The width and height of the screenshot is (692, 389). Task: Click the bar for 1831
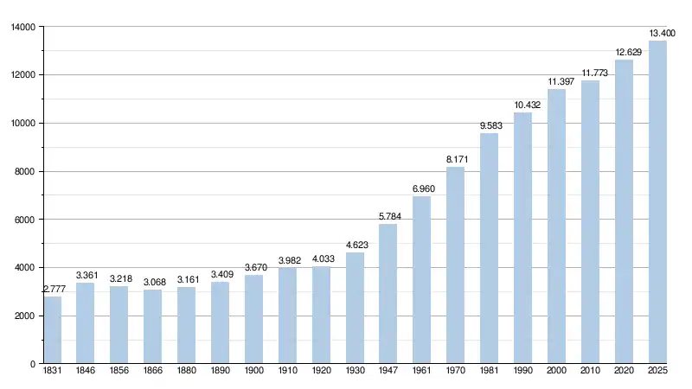click(53, 330)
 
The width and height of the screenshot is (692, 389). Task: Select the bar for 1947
click(388, 294)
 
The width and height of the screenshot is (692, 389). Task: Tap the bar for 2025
click(657, 202)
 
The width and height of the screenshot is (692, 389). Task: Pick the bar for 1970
click(456, 265)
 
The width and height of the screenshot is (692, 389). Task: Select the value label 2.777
click(53, 289)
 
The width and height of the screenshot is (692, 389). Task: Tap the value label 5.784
click(388, 216)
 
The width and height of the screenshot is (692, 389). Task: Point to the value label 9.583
click(490, 125)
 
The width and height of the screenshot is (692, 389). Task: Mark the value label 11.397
click(557, 81)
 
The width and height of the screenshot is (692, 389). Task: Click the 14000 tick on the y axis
click(22, 27)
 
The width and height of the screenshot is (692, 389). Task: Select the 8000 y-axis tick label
click(25, 171)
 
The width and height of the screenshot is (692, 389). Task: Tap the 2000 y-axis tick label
click(25, 316)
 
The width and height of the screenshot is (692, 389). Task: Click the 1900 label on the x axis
click(253, 372)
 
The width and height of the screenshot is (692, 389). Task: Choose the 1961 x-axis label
click(421, 372)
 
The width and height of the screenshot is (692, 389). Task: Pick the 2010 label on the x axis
click(590, 372)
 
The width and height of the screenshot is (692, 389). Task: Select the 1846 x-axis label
click(86, 372)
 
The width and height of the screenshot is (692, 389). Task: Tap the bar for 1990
click(522, 239)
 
